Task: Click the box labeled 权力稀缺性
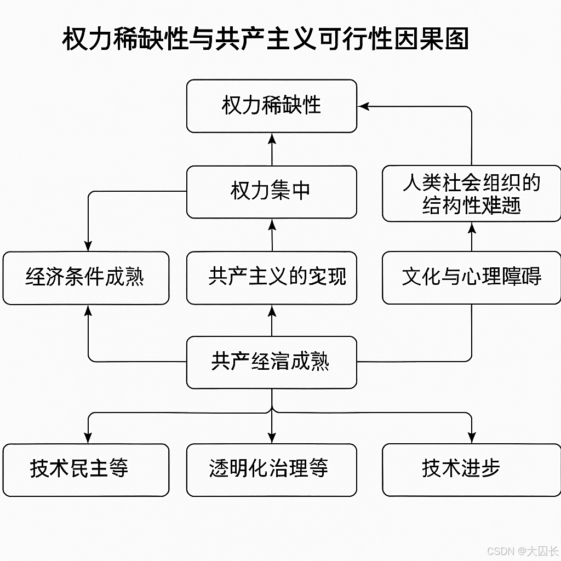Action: click(x=271, y=106)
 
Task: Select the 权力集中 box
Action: click(x=271, y=192)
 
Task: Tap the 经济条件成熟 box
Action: click(x=85, y=278)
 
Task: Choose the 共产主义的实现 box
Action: click(x=271, y=278)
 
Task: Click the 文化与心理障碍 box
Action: click(x=471, y=278)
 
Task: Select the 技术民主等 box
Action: click(x=85, y=470)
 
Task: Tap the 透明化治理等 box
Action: click(x=271, y=470)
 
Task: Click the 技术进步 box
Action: click(x=471, y=470)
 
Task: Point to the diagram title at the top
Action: click(x=265, y=40)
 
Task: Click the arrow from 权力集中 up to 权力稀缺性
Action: click(x=272, y=150)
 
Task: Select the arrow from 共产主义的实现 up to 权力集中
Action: click(x=272, y=236)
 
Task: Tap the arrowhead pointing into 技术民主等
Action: click(x=88, y=438)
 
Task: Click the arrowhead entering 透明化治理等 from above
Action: click(x=272, y=438)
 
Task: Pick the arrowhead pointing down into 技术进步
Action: click(x=472, y=438)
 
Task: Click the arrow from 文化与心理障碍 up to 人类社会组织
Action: click(x=472, y=237)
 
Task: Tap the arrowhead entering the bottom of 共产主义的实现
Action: click(x=272, y=311)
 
